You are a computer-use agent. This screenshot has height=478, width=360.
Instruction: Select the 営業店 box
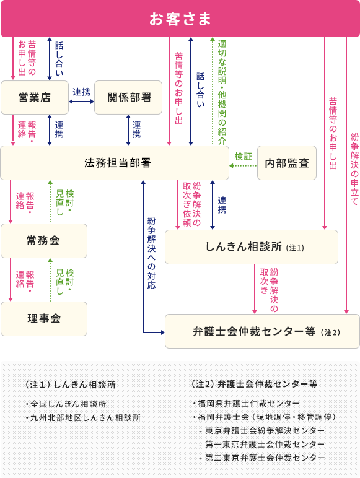click(34, 97)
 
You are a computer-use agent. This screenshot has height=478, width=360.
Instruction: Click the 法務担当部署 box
click(118, 163)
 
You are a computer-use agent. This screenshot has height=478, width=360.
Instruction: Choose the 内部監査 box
click(286, 163)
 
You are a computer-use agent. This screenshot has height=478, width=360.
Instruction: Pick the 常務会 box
click(43, 240)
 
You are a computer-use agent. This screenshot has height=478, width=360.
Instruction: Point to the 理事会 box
click(43, 318)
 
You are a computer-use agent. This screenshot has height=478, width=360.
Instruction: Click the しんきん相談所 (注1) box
click(251, 247)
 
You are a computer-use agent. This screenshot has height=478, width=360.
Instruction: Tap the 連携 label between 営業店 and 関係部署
click(81, 92)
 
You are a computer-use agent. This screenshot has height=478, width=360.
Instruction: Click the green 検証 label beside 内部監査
click(243, 157)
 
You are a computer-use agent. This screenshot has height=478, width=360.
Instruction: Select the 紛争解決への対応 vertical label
click(152, 253)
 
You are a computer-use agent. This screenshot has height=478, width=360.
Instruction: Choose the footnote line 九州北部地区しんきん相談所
click(82, 418)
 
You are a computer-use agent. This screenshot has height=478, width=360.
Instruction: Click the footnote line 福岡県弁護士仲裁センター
click(246, 403)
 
